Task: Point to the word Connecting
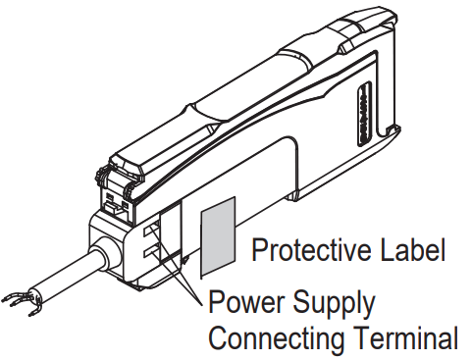274,338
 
